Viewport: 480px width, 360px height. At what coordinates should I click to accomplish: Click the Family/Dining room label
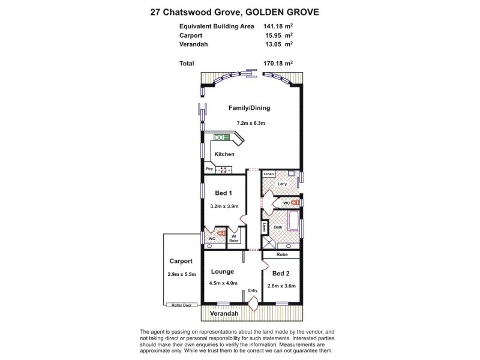[x=250, y=109]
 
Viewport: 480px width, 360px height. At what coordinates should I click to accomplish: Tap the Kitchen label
[x=224, y=154]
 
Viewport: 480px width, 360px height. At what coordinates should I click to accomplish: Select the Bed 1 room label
[x=224, y=193]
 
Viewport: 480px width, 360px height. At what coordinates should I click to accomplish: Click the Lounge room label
[x=222, y=271]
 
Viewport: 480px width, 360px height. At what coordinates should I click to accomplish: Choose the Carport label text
[x=181, y=262]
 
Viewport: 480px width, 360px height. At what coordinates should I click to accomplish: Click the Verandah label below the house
[x=226, y=314]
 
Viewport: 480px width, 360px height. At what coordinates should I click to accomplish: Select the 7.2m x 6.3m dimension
[x=251, y=123]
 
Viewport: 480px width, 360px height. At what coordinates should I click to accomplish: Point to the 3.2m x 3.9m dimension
[x=224, y=207]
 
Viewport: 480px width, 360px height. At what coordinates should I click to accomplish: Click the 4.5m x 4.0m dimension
[x=224, y=283]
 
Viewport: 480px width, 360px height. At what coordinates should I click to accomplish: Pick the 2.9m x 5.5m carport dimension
[x=181, y=275]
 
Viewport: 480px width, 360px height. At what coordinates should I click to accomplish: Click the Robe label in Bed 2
[x=281, y=254]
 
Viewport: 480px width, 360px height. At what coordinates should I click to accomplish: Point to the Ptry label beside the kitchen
[x=209, y=169]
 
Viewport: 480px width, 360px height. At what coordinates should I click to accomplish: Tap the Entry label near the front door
[x=253, y=291]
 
